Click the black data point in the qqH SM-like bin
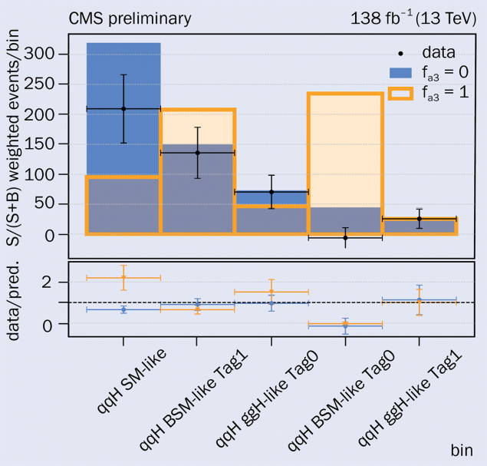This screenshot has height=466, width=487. click(x=123, y=109)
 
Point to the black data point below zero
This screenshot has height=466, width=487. click(x=345, y=238)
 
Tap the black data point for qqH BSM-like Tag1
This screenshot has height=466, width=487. click(x=197, y=153)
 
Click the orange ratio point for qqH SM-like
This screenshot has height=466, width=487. click(x=123, y=277)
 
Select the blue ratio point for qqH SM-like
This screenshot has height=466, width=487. click(x=123, y=309)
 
